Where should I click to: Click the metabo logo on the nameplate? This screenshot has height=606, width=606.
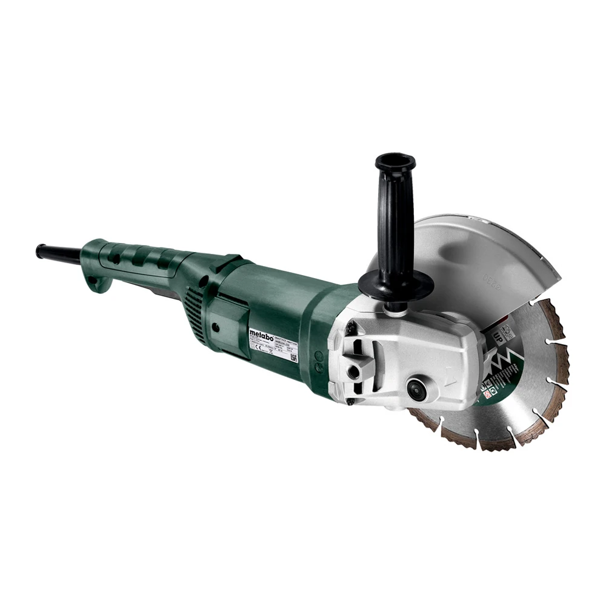coord(261,333)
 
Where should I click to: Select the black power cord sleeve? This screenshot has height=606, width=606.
coord(58,253)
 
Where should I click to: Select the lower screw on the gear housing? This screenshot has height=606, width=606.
coord(351,400)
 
